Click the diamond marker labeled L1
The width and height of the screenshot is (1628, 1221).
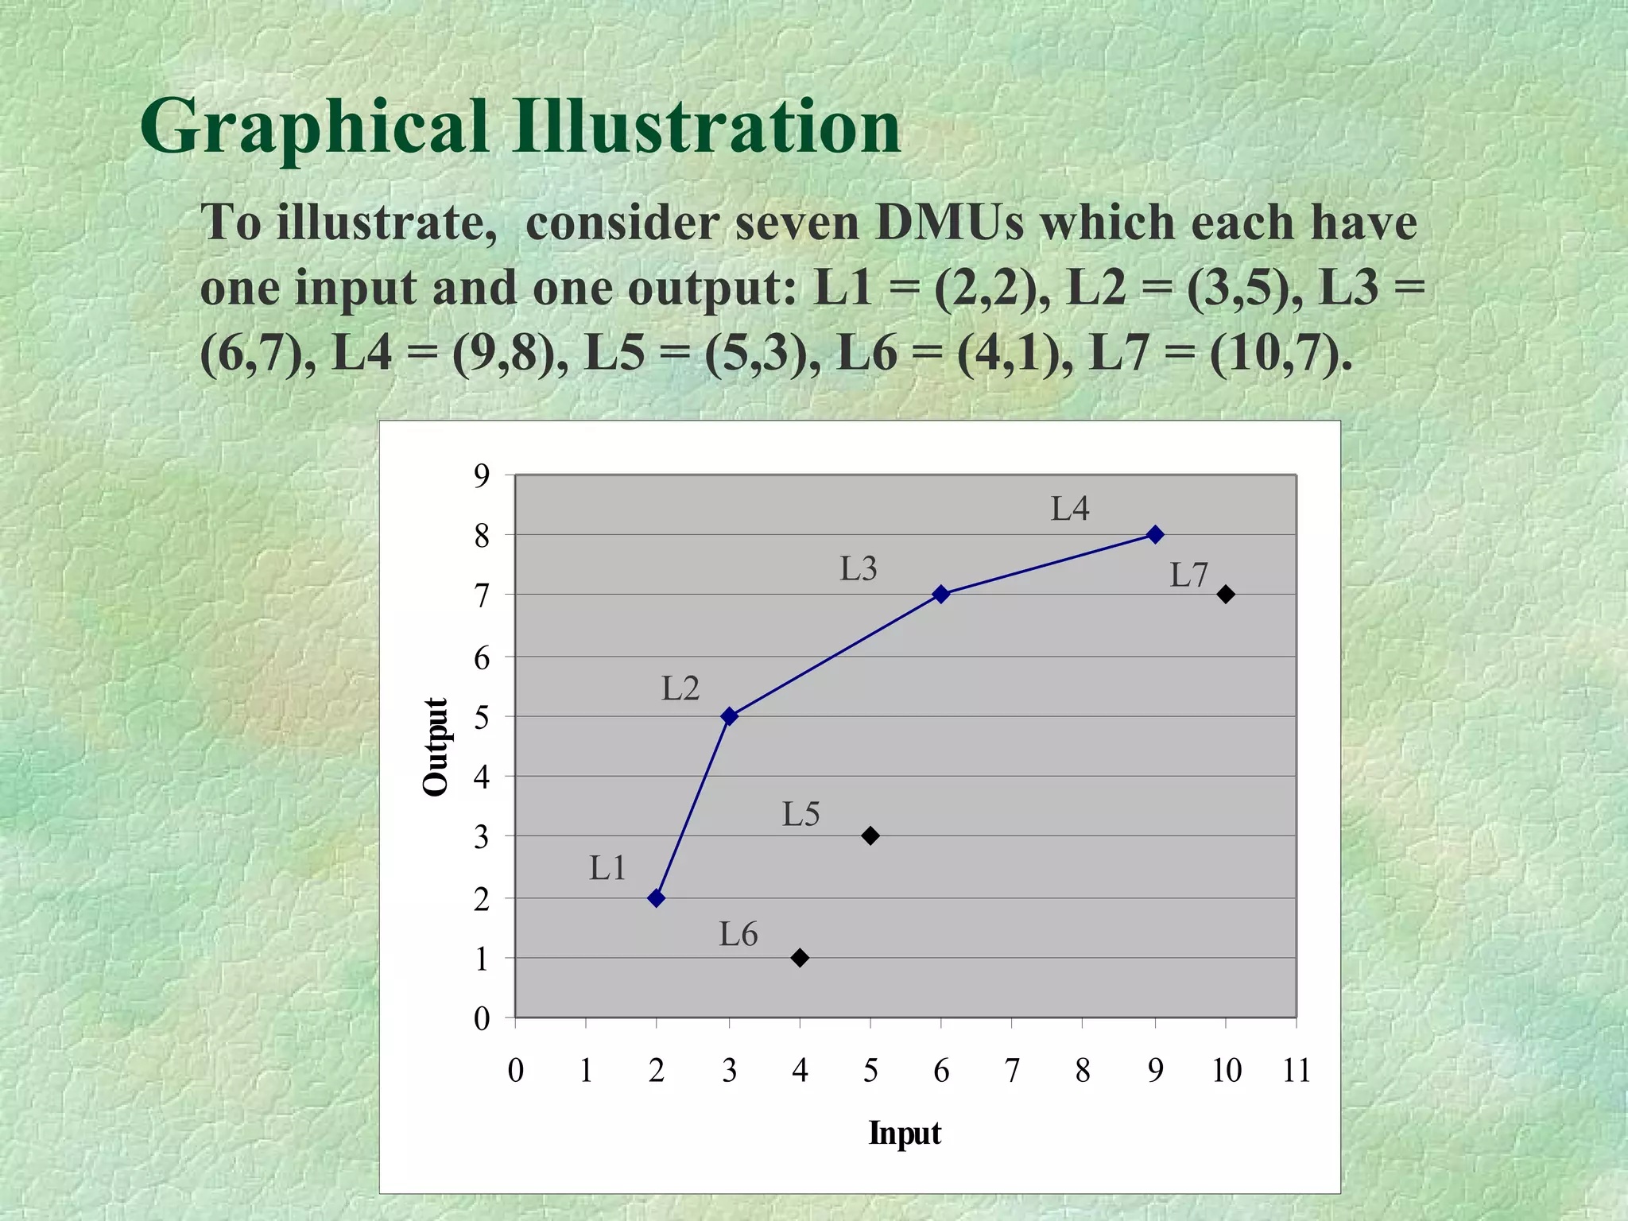(x=656, y=898)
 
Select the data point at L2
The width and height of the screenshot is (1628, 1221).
(x=729, y=716)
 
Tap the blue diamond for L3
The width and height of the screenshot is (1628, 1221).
(x=941, y=594)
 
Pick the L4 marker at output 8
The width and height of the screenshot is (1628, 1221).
(x=1155, y=534)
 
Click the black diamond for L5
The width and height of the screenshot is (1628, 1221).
(x=870, y=835)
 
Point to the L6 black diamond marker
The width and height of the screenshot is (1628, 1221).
(x=800, y=958)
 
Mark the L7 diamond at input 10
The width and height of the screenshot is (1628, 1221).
(x=1226, y=594)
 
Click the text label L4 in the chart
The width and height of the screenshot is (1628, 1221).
(x=1070, y=510)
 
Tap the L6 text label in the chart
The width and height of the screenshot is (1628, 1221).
(x=738, y=935)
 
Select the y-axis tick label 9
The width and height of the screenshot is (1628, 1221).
(x=482, y=476)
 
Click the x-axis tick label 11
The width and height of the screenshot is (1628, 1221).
(x=1297, y=1071)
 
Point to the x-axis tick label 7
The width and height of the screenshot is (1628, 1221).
(x=1012, y=1071)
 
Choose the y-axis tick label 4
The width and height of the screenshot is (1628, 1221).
(x=482, y=777)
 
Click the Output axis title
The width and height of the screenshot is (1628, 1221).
(x=436, y=746)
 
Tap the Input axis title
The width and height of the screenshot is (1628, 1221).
(x=905, y=1133)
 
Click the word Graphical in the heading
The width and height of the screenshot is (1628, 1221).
(x=314, y=127)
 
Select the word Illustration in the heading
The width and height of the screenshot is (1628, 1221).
(x=706, y=127)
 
